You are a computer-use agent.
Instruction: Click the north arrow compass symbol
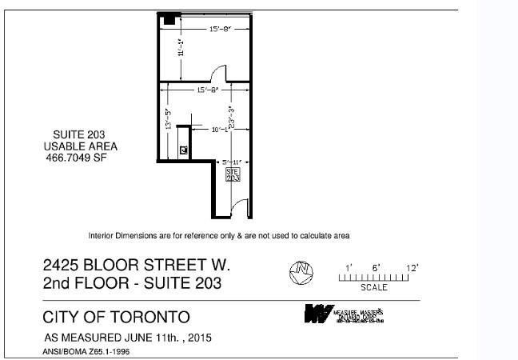[x=300, y=272]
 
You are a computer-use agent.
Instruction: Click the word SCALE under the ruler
[x=374, y=287]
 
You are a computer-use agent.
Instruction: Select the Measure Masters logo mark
[x=317, y=313]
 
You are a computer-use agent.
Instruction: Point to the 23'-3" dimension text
[x=230, y=118]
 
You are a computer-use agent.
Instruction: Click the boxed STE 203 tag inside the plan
[x=233, y=174]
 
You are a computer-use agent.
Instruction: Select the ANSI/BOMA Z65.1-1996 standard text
[x=86, y=350]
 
